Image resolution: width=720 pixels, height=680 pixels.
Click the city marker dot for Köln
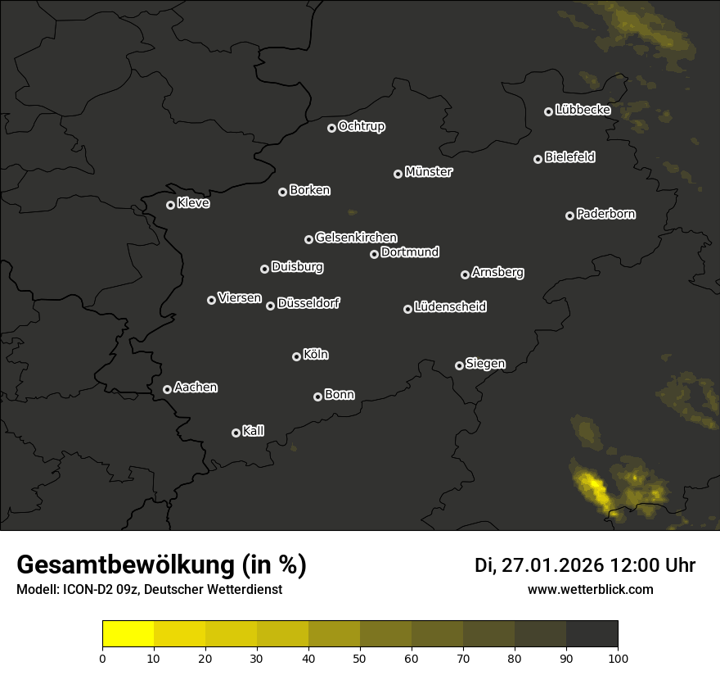[x=296, y=356]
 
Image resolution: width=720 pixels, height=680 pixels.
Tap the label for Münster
[x=429, y=172]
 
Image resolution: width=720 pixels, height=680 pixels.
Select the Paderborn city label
[x=605, y=214]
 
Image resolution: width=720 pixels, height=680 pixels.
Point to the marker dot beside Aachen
[x=167, y=389]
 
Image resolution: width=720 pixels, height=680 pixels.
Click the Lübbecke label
[x=583, y=110]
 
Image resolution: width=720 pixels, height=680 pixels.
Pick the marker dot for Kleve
[x=170, y=205]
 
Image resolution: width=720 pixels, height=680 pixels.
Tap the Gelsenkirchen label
[x=356, y=238]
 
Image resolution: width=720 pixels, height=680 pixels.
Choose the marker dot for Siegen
[x=459, y=365]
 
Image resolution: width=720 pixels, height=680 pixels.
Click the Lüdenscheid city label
[x=450, y=307]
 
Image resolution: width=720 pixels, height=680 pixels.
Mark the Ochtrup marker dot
[x=331, y=128]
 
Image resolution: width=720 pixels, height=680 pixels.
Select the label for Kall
[x=254, y=431]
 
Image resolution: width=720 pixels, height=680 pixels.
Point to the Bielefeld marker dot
[x=538, y=159]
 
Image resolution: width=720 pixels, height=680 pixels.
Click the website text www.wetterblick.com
[x=590, y=590]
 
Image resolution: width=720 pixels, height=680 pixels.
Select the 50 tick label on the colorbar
[x=360, y=657]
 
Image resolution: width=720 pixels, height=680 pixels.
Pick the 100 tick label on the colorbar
[x=618, y=657]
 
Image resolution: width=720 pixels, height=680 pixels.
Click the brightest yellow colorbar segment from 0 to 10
[x=128, y=634]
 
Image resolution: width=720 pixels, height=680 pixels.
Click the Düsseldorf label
[x=308, y=303]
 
